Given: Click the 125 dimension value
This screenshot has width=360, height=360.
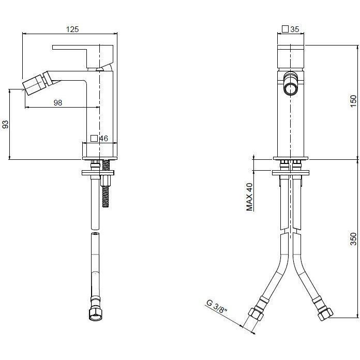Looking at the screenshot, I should pyautogui.click(x=72, y=29).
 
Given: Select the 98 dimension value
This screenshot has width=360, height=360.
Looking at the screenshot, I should pyautogui.click(x=57, y=102).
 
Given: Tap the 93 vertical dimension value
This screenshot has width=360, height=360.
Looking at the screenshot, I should pyautogui.click(x=6, y=125).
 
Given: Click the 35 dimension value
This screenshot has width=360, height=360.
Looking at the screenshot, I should pyautogui.click(x=295, y=29).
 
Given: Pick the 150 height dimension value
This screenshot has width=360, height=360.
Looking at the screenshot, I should pyautogui.click(x=353, y=101).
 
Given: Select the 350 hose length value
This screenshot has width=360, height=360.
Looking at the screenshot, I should pyautogui.click(x=353, y=239).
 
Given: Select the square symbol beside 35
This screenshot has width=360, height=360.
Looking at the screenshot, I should pyautogui.click(x=285, y=29).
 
